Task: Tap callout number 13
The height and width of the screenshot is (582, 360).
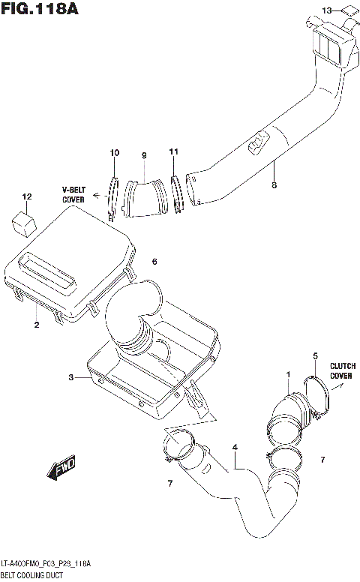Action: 326,10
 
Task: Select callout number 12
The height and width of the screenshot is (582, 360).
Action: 27,197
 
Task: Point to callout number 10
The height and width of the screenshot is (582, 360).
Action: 114,153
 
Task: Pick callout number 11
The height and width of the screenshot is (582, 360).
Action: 173,152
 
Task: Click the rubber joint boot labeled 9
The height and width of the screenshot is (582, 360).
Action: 143,197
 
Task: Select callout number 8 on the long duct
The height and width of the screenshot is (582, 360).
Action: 274,184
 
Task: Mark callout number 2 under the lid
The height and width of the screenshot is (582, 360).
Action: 35,325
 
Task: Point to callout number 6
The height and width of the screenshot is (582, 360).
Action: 154,262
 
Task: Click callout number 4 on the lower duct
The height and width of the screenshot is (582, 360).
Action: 235,448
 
